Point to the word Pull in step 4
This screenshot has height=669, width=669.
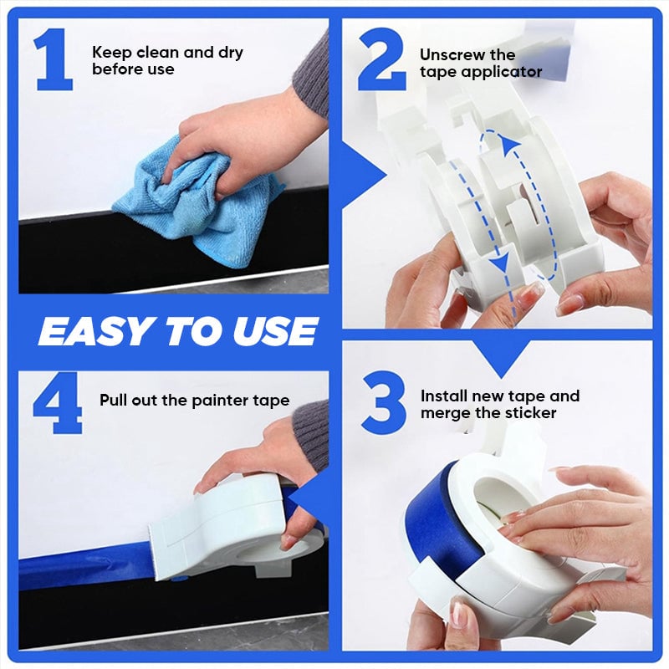pyautogui.click(x=115, y=400)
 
